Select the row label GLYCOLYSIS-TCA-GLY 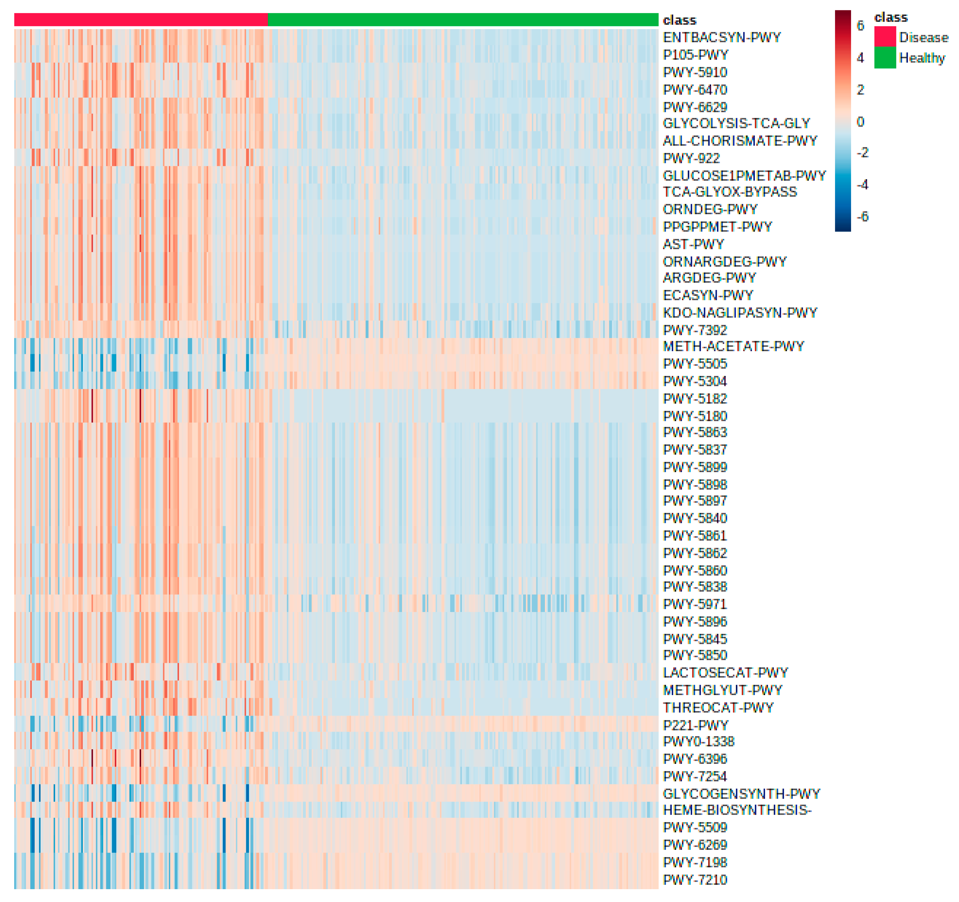point(736,123)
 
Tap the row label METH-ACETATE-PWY point(733,347)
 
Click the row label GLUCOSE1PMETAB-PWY point(744,176)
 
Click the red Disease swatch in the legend point(885,37)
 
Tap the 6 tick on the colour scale point(860,26)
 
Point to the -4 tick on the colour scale point(862,185)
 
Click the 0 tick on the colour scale point(860,122)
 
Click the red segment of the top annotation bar point(141,20)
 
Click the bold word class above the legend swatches point(890,17)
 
